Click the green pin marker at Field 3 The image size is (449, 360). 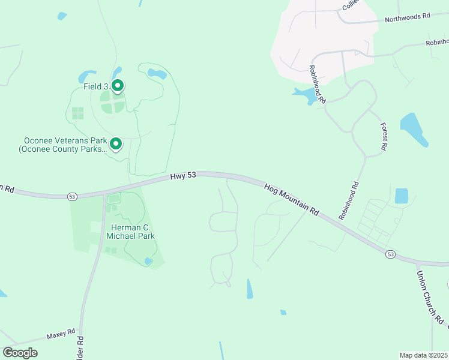click(118, 86)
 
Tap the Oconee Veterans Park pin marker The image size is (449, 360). click(116, 144)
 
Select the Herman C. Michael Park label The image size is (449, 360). click(130, 232)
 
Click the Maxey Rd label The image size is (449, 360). click(62, 332)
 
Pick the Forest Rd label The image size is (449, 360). click(384, 137)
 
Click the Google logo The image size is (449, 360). click(20, 353)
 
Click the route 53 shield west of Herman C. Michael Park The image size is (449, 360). click(72, 196)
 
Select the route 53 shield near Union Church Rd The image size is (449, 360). click(391, 255)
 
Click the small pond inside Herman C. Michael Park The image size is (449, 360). click(148, 261)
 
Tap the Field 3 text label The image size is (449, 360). click(96, 86)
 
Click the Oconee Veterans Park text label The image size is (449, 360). click(63, 145)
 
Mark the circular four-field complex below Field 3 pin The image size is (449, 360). click(112, 102)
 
